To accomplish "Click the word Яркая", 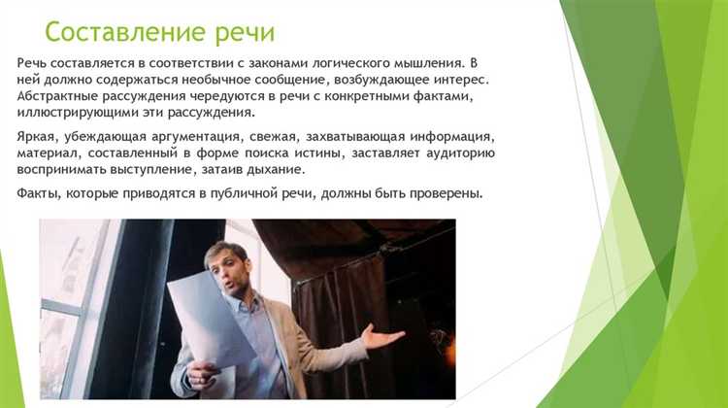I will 39,138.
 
